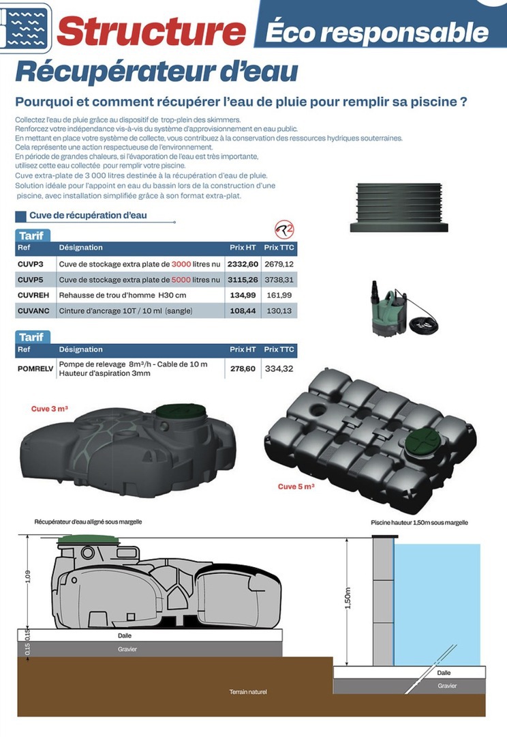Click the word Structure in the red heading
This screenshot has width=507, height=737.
coord(151,32)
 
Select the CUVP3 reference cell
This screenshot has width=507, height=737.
coord(31,264)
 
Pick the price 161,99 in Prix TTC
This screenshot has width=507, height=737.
coord(279,295)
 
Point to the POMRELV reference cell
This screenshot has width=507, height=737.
coord(35,368)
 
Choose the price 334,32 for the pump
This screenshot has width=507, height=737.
coord(279,369)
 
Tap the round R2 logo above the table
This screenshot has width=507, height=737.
coord(283,229)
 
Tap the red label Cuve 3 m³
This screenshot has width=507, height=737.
coord(49,409)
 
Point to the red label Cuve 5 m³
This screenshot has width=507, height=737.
coord(296,487)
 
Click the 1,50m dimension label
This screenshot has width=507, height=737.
coord(350,598)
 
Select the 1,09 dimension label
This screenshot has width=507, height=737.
coord(28,577)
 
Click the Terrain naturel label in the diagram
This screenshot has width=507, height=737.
coord(248,692)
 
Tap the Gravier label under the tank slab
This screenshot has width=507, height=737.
coord(127,649)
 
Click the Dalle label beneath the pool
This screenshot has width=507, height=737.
coord(444,672)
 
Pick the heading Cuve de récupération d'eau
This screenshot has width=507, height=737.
coord(88,216)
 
